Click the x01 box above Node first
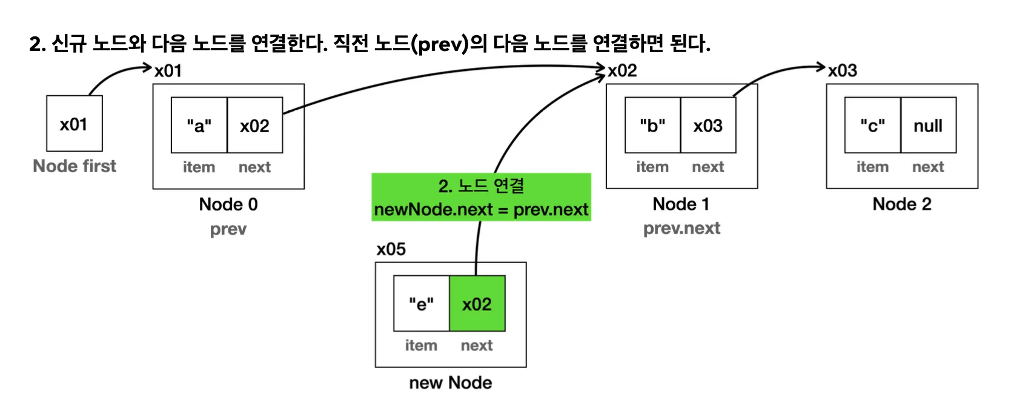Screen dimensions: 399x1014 tap(74, 124)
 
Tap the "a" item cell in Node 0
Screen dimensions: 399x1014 tap(199, 126)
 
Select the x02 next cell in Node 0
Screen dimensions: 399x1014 tap(254, 126)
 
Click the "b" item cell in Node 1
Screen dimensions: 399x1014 tap(652, 126)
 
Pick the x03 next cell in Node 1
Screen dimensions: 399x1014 tap(708, 126)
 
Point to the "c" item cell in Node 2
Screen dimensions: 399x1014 tap(872, 126)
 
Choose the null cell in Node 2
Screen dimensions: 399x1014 tap(928, 126)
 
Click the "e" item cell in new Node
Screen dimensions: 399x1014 tap(421, 304)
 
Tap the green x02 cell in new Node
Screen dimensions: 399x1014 tap(477, 304)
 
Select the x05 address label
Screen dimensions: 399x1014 tap(391, 249)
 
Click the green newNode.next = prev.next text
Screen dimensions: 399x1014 tap(481, 210)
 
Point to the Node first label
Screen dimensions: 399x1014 tap(75, 166)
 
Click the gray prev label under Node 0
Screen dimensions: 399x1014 tap(228, 229)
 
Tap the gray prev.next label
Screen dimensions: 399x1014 tap(681, 229)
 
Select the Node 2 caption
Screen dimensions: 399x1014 tap(901, 204)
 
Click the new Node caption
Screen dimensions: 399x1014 tap(450, 383)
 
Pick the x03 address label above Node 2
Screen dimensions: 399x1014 tap(843, 70)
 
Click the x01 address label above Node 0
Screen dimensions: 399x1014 tap(168, 71)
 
